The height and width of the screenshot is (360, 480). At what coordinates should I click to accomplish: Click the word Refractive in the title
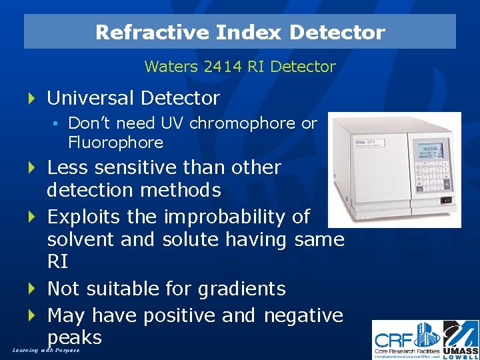tap(137, 32)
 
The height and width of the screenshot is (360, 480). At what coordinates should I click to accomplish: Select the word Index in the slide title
tap(235, 32)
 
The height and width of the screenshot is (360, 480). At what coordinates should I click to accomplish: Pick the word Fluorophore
tap(115, 142)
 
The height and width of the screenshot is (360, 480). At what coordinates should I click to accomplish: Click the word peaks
tap(74, 337)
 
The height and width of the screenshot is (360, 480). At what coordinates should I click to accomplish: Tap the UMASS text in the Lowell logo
tap(461, 349)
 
